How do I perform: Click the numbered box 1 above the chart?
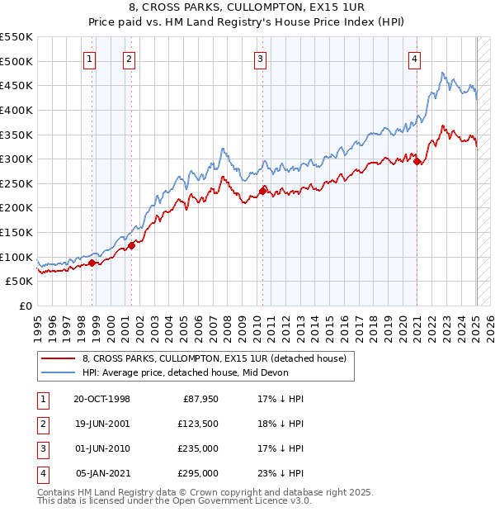(87, 58)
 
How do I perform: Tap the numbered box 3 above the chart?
(260, 58)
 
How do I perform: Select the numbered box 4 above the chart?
(413, 58)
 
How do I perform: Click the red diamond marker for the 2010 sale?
(262, 191)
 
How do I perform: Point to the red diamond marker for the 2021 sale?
(417, 162)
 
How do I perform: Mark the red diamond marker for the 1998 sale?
(92, 263)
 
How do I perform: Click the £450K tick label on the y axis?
(16, 85)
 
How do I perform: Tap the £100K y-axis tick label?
(16, 257)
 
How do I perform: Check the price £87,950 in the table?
(200, 399)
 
